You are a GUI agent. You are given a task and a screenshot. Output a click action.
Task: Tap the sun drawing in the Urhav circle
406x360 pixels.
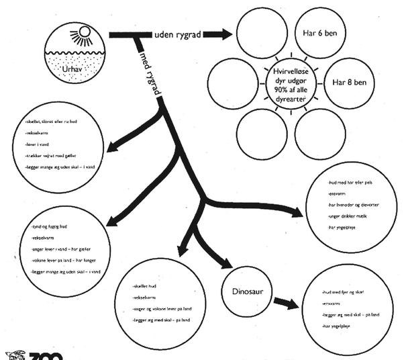83,34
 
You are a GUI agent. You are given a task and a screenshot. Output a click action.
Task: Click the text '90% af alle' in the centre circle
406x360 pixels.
291,87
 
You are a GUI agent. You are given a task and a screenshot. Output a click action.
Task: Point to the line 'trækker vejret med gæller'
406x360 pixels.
53,155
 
